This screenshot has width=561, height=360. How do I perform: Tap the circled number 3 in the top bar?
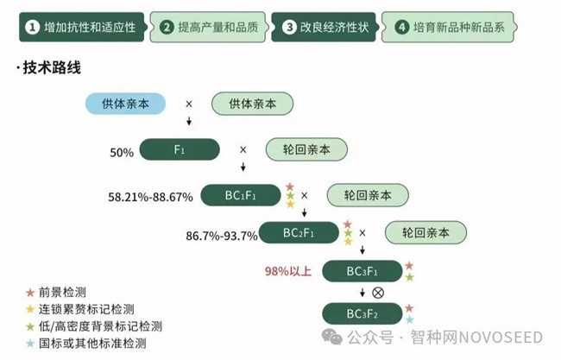tap(289, 28)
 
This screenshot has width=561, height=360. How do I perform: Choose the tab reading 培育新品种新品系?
tap(449, 28)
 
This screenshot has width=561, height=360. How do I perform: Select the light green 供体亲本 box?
tap(253, 104)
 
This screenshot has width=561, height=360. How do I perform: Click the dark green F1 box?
tap(180, 150)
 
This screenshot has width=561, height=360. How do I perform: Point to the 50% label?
tap(122, 153)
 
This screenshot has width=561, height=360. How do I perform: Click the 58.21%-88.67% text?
tap(150, 198)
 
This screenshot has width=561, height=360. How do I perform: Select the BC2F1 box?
tap(299, 233)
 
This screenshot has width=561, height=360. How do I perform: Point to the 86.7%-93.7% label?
tap(222, 236)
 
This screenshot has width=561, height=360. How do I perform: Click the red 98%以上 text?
tap(287, 271)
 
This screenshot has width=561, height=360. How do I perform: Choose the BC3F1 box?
tap(362, 271)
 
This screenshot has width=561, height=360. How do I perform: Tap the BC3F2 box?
tap(362, 313)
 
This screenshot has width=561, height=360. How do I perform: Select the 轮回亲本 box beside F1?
tap(306, 150)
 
